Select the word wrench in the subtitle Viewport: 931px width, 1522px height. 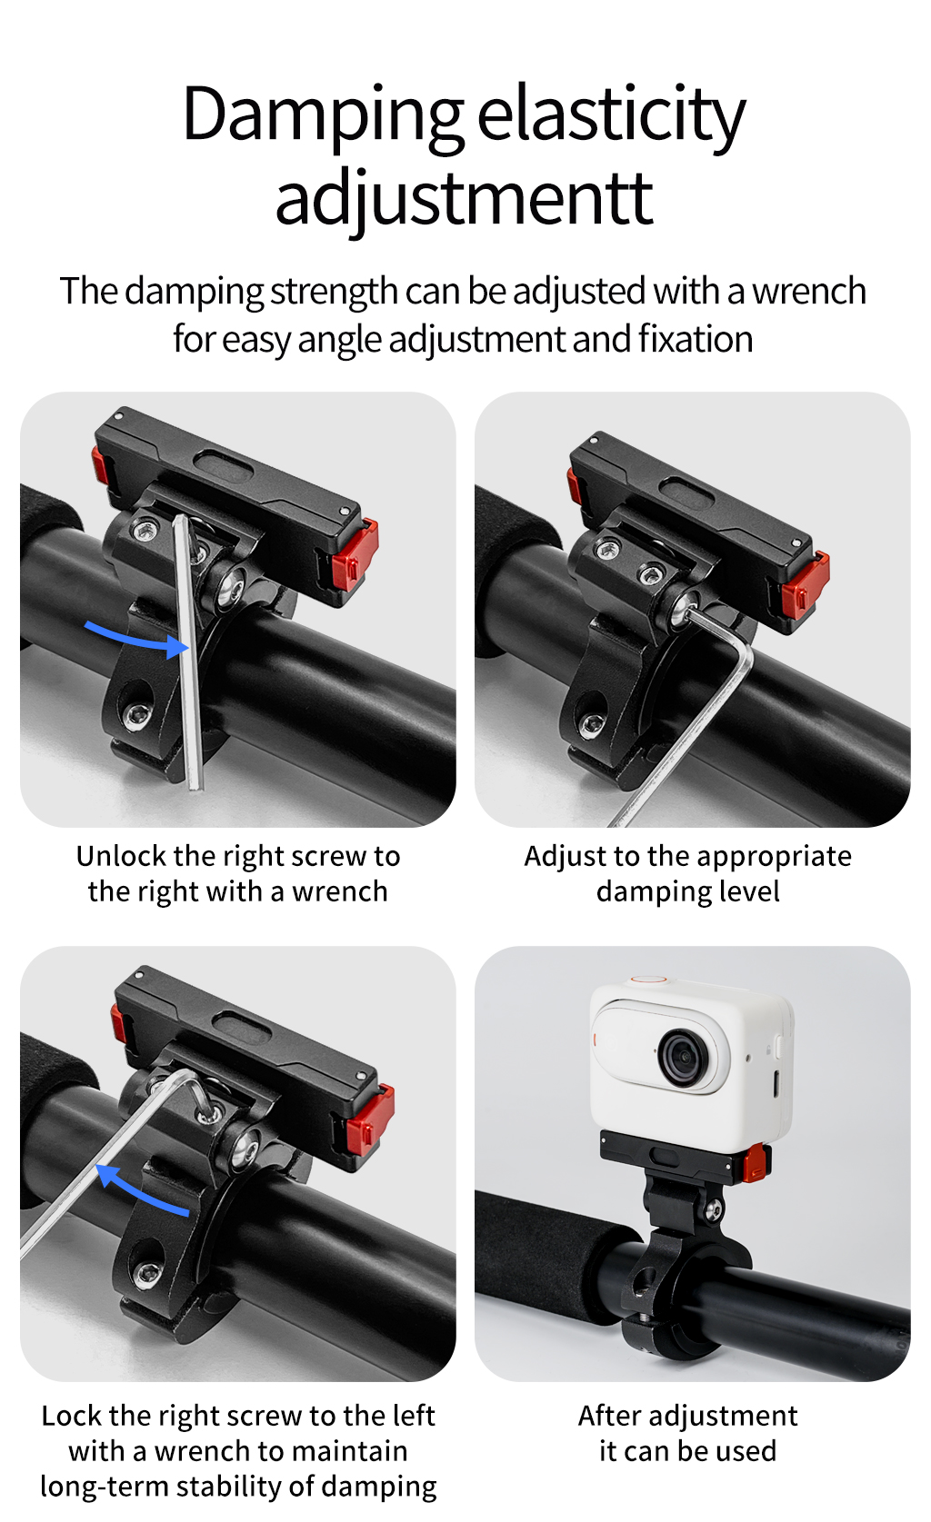[x=808, y=292]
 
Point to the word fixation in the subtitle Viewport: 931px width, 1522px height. [x=695, y=339]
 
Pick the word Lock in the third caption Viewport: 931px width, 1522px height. [x=72, y=1416]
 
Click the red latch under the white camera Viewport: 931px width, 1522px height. [x=756, y=1161]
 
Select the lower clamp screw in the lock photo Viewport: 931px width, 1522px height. [x=145, y=1273]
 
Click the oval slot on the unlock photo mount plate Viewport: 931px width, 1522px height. [x=224, y=465]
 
